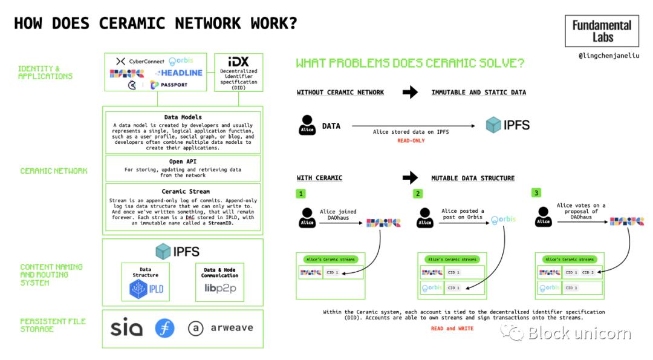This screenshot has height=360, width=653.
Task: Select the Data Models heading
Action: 183,117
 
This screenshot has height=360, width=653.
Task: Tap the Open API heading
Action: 183,162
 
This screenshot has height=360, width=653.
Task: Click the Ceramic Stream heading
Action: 183,191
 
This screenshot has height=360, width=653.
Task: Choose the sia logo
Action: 126,328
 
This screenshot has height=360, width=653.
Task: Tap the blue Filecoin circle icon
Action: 164,328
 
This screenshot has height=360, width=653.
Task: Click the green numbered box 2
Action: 418,194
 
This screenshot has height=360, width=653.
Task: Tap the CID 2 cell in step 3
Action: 588,272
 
